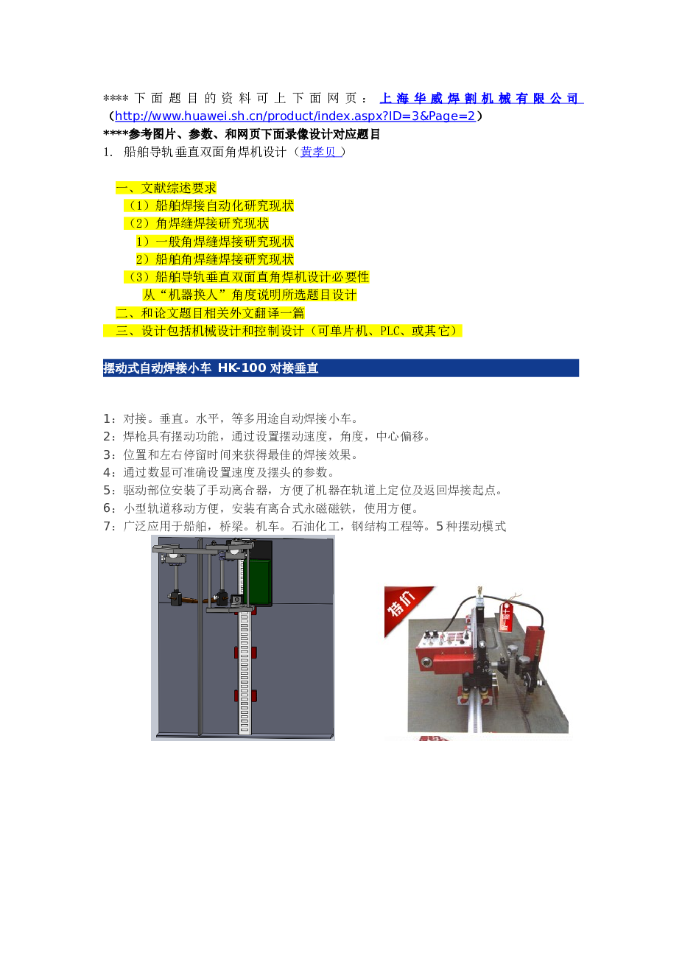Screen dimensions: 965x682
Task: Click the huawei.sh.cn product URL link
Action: click(x=295, y=116)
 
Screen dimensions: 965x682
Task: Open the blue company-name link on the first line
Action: click(x=480, y=98)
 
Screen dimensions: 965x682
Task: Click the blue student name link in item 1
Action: click(x=319, y=152)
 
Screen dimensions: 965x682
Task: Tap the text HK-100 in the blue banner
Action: click(x=242, y=368)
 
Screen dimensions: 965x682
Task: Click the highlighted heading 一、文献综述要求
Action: click(x=166, y=189)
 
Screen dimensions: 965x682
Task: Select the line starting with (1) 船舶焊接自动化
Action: click(x=209, y=206)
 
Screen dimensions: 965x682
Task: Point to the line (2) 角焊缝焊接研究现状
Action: click(x=197, y=224)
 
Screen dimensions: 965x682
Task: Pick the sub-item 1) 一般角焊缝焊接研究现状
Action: click(x=214, y=242)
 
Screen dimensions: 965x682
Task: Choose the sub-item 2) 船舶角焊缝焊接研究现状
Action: click(x=214, y=259)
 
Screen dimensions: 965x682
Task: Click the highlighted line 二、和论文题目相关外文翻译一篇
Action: click(x=210, y=313)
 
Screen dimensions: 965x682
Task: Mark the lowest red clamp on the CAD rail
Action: click(x=245, y=696)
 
